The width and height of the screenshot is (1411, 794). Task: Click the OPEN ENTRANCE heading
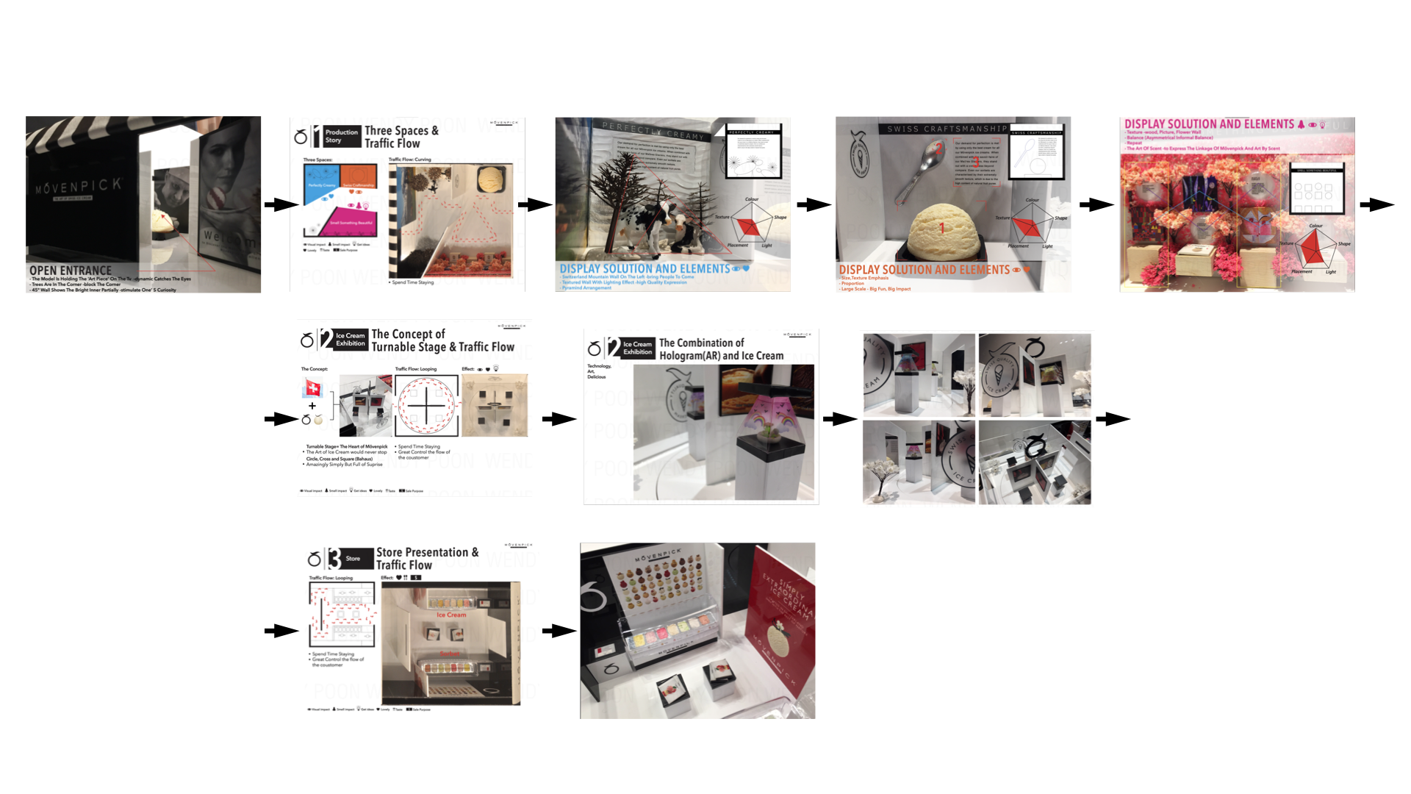click(71, 271)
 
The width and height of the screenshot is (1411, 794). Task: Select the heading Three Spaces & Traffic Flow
click(401, 137)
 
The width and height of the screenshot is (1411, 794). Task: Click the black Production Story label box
click(341, 136)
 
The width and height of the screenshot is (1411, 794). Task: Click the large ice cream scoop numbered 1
click(944, 230)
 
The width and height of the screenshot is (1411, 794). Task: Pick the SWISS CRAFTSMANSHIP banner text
click(947, 129)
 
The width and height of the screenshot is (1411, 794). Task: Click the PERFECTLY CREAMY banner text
click(653, 130)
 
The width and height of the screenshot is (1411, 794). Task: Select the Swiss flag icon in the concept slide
click(313, 387)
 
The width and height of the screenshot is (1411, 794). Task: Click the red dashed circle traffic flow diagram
click(426, 406)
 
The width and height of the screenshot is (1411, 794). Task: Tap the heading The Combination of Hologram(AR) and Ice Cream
click(721, 349)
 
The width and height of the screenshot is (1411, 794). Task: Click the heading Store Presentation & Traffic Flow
click(427, 558)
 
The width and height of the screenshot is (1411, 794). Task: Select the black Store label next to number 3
click(353, 559)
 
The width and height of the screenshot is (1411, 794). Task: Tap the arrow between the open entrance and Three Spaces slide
click(281, 204)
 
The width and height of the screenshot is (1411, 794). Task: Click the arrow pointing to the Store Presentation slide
click(281, 631)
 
